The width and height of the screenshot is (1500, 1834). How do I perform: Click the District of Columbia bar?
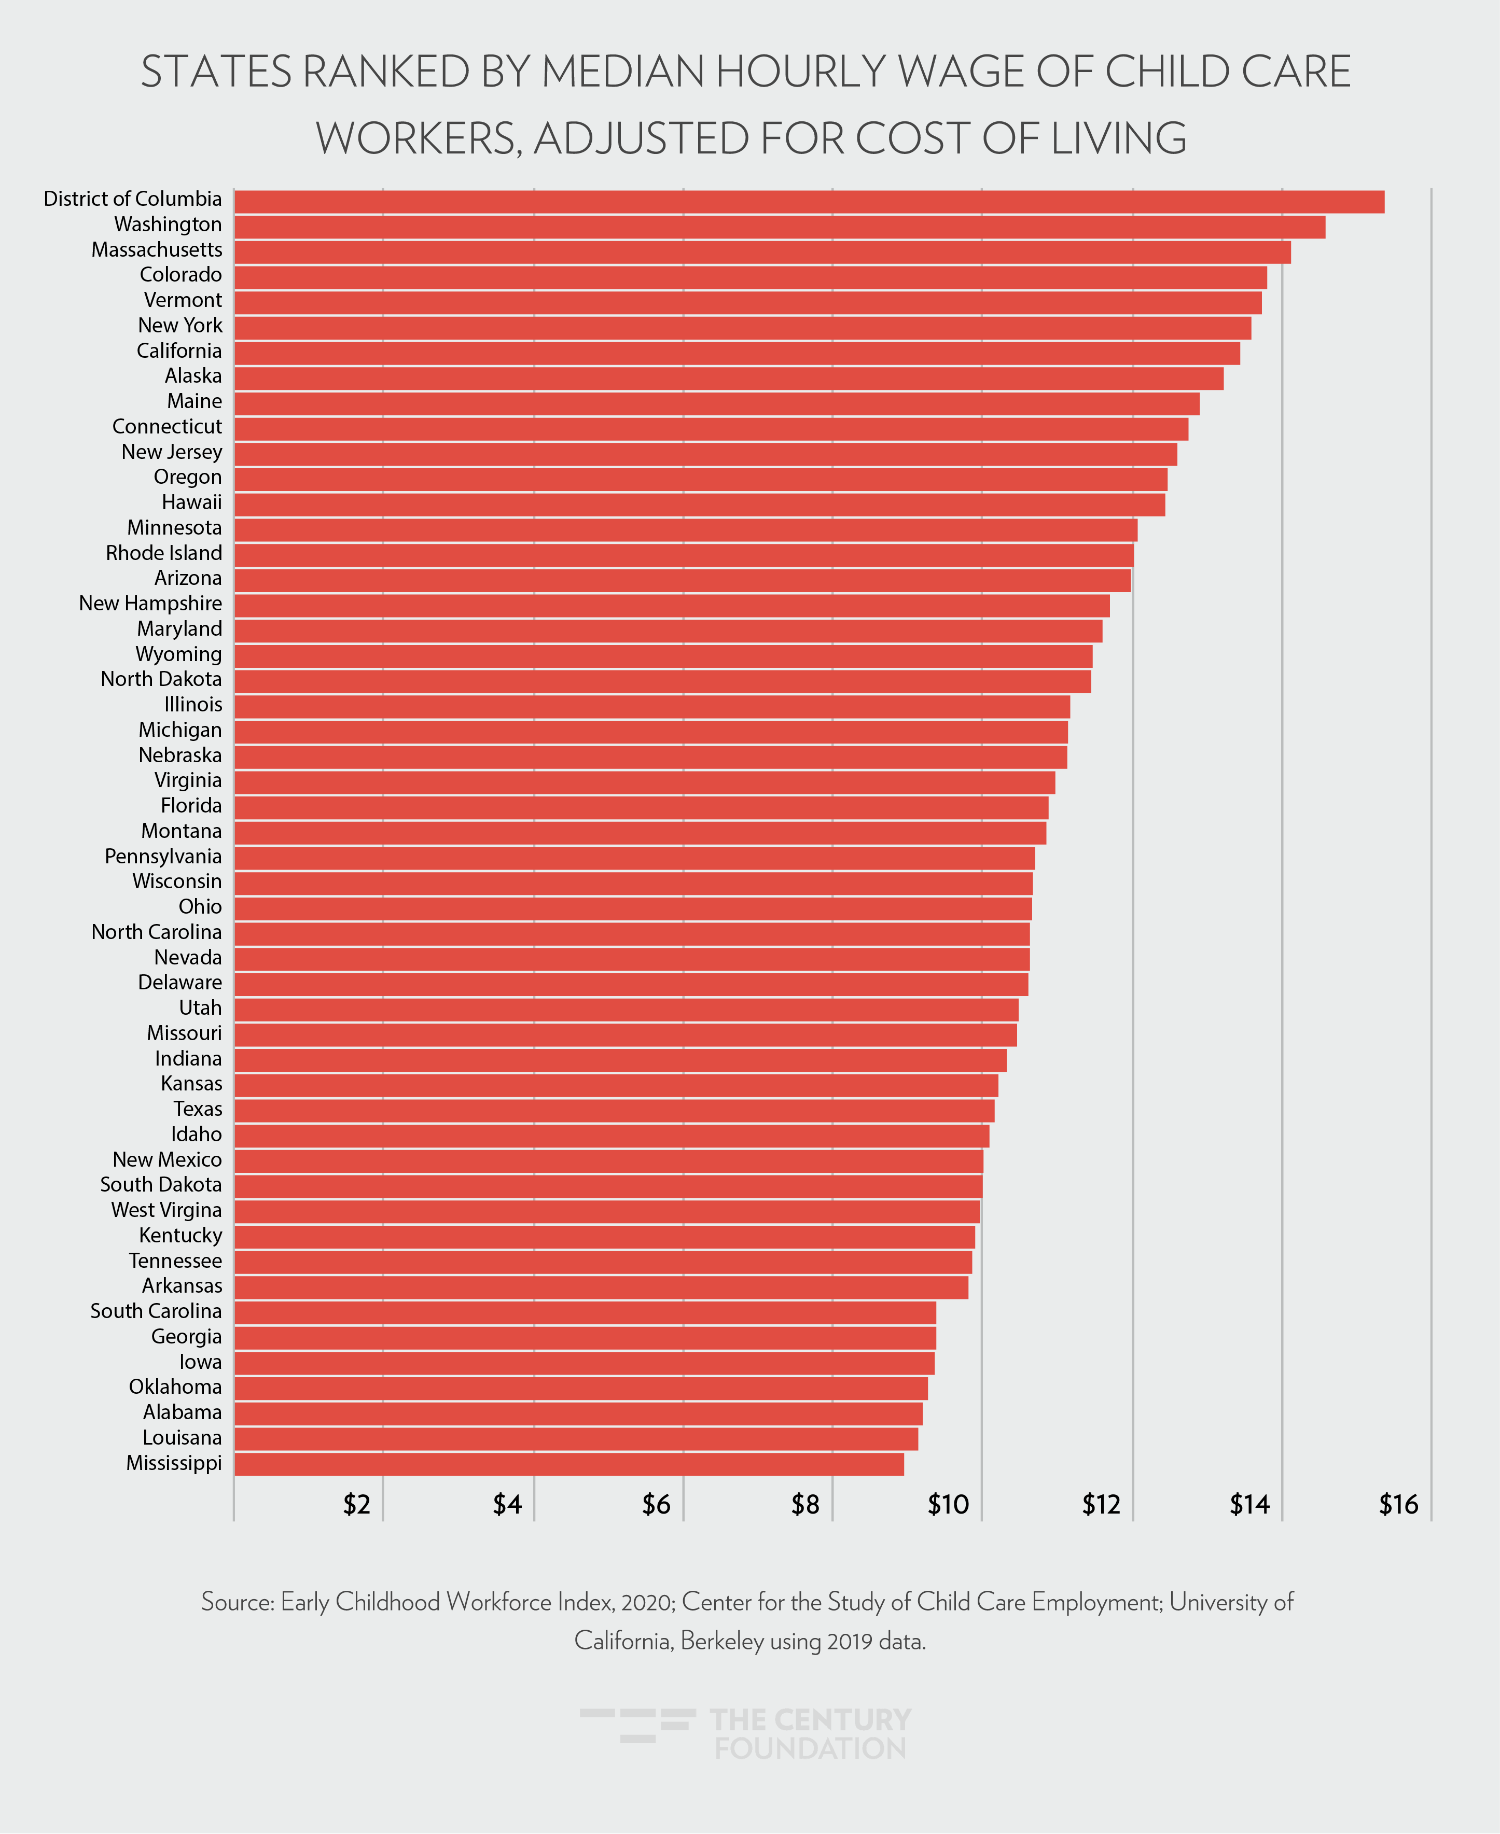808,201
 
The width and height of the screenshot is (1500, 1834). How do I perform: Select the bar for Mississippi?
568,1463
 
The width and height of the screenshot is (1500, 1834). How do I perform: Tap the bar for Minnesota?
685,529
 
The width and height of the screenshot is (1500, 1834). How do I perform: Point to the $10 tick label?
948,1505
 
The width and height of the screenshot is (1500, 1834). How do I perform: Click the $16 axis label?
1398,1505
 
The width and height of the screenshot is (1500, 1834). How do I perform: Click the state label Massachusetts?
157,249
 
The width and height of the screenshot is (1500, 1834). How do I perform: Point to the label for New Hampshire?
150,603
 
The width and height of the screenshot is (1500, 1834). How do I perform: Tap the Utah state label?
200,1007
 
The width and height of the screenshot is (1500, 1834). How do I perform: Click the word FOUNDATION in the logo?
811,1748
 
